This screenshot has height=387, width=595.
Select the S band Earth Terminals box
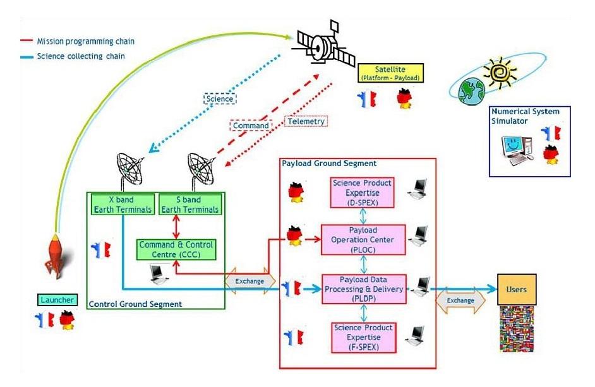click(x=189, y=205)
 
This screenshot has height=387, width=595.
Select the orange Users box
click(x=517, y=289)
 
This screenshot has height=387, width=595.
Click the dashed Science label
click(x=219, y=98)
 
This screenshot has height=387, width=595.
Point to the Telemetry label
click(x=306, y=121)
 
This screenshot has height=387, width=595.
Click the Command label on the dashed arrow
click(x=250, y=125)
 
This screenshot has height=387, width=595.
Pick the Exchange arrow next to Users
click(x=460, y=300)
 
